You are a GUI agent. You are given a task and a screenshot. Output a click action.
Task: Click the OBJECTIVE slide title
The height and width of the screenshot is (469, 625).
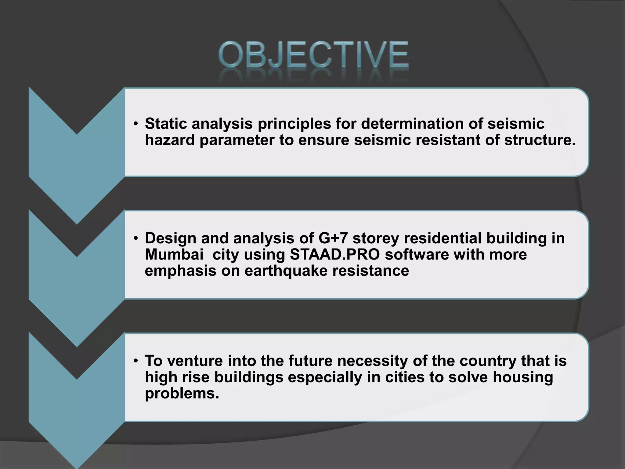coord(313,55)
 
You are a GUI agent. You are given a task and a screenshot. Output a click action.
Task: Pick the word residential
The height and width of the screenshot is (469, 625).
coord(443,238)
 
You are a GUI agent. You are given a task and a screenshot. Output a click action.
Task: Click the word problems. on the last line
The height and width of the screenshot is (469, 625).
coord(182,394)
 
